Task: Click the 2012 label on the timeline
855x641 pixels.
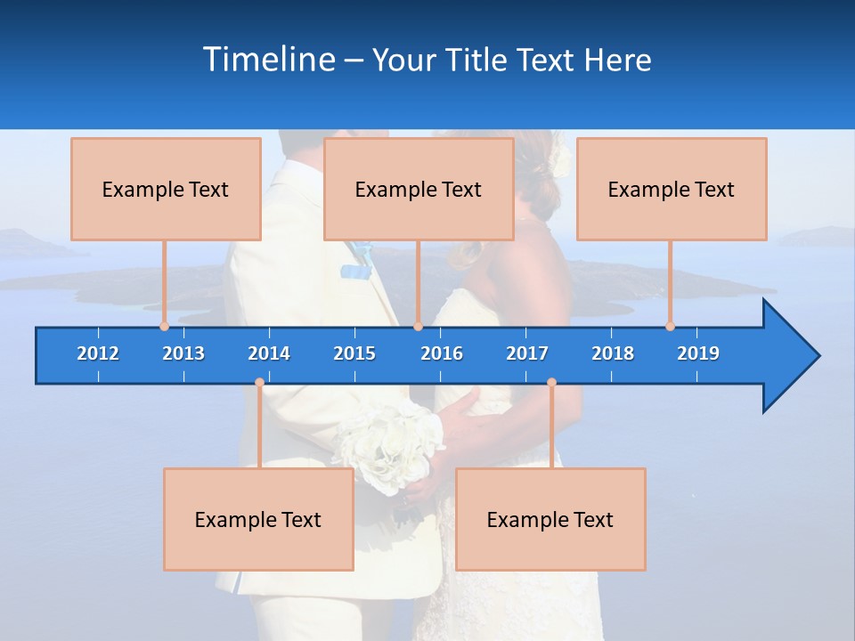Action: click(98, 353)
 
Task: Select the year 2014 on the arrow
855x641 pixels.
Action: click(269, 353)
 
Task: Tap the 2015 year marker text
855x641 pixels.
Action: click(354, 353)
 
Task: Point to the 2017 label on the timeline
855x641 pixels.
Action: click(527, 353)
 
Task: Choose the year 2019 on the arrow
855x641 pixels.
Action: click(698, 353)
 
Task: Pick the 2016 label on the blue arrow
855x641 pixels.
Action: click(442, 353)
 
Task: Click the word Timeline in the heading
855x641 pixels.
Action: click(268, 60)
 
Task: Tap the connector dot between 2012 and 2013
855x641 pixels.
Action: click(164, 326)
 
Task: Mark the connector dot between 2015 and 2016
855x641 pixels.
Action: click(418, 326)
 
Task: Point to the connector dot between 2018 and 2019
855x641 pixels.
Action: click(671, 326)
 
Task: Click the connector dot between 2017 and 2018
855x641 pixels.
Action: click(551, 383)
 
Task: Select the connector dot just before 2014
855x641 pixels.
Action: click(259, 383)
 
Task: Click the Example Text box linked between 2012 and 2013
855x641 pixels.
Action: click(166, 189)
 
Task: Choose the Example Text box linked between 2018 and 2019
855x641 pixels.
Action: click(672, 189)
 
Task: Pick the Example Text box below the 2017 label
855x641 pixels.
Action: click(550, 519)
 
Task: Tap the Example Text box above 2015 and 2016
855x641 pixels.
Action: click(419, 189)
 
